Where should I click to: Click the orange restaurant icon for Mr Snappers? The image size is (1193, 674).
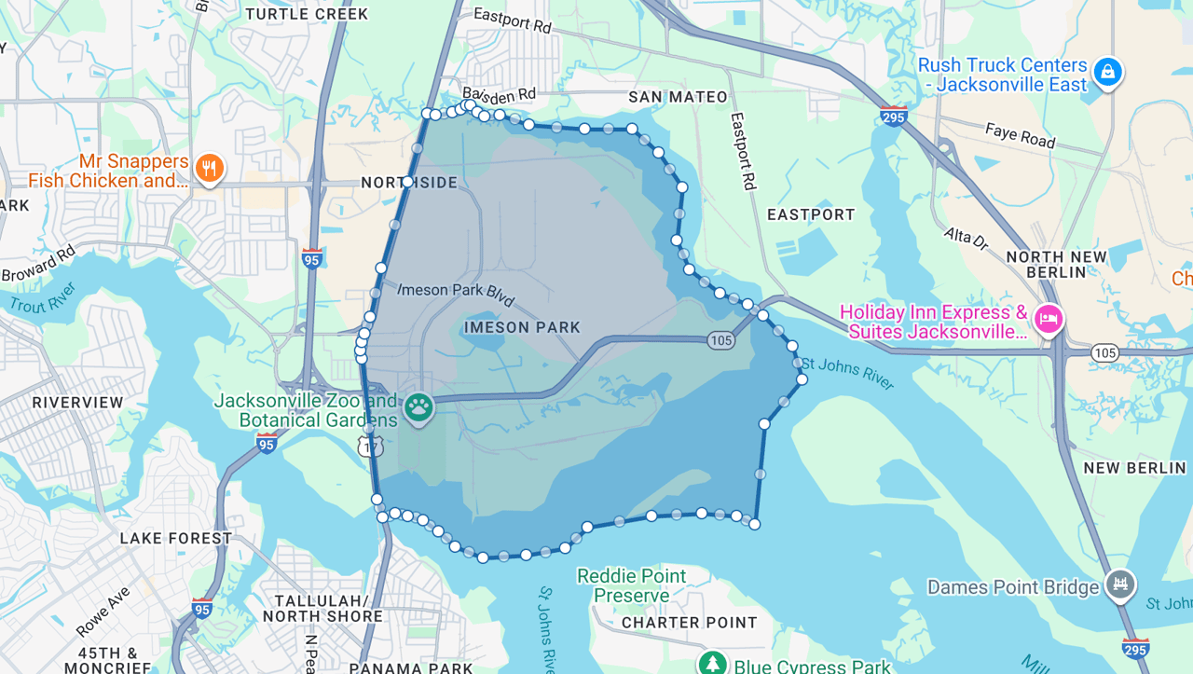tap(210, 169)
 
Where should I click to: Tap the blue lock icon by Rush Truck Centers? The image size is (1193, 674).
tap(1107, 71)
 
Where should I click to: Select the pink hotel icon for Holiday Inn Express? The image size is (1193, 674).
tap(1049, 320)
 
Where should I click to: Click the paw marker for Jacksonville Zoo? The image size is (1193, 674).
tap(418, 407)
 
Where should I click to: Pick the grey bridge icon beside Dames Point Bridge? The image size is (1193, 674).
tap(1120, 585)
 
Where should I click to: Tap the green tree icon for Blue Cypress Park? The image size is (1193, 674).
tap(713, 664)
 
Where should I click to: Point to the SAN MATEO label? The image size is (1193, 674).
tap(678, 97)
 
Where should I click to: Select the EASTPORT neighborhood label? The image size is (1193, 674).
tap(811, 214)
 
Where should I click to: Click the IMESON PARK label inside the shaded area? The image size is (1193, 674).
tap(522, 327)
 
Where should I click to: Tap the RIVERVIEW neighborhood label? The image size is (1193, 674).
tap(77, 403)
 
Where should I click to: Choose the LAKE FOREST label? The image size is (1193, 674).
tap(176, 538)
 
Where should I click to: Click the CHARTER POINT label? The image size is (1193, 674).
tap(690, 622)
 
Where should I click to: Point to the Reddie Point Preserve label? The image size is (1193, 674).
tap(631, 585)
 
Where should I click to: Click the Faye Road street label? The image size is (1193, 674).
tap(1020, 136)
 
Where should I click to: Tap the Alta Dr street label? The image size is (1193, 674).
tap(966, 239)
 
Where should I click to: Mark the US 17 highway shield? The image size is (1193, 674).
tap(370, 447)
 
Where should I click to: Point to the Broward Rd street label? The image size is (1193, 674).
tap(39, 265)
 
